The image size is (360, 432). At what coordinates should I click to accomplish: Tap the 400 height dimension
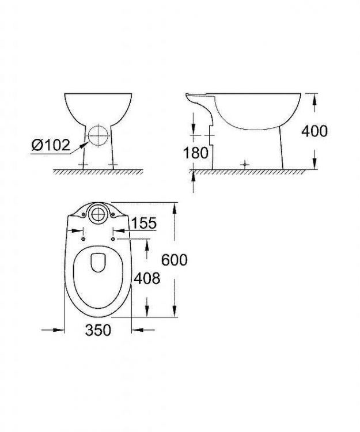pos(314,131)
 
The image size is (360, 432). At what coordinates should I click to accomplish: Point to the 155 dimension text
pos(144,223)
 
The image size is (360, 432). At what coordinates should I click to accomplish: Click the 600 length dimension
pos(173,260)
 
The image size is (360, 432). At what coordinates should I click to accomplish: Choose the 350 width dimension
pos(97,331)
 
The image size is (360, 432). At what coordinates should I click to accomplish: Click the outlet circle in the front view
pos(98,135)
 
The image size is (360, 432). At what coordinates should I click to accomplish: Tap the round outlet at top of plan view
pos(97,214)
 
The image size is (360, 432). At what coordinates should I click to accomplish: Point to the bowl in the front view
pos(98,107)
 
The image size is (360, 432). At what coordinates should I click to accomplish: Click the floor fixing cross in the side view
pos(246,164)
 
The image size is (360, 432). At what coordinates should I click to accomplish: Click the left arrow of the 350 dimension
pos(58,330)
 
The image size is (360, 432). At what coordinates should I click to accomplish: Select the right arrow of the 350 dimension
pos(138,330)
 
